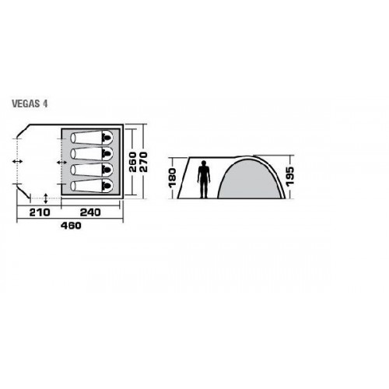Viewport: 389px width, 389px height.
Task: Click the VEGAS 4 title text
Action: (x=30, y=103)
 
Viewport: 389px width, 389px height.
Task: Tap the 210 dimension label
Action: (x=40, y=212)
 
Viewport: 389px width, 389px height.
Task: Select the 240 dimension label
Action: (x=90, y=212)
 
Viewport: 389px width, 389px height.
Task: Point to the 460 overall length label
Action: (x=71, y=226)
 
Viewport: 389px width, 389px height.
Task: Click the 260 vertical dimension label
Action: (x=133, y=162)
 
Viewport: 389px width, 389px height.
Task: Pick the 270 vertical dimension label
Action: (x=143, y=162)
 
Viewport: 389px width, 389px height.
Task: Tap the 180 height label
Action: (x=173, y=177)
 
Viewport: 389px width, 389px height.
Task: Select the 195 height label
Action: (x=290, y=176)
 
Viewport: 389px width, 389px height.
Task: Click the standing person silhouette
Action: (x=204, y=180)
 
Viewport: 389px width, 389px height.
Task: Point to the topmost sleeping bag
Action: (x=92, y=137)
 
